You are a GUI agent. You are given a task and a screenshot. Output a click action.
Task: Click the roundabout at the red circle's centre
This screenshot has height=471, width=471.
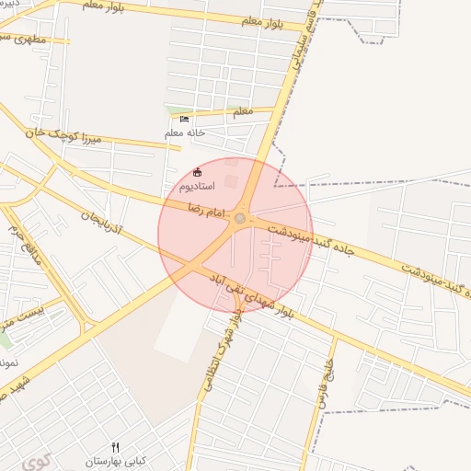(x=240, y=218)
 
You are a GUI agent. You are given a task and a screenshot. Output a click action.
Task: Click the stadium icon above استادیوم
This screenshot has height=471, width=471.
(x=197, y=171)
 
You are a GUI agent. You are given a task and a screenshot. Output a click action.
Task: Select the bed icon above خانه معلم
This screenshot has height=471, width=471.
(x=184, y=120)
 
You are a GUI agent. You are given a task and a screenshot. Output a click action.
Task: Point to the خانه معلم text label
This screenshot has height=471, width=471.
(x=185, y=133)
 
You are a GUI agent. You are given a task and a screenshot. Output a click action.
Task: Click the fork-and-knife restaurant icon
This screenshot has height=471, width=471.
(x=115, y=447)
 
